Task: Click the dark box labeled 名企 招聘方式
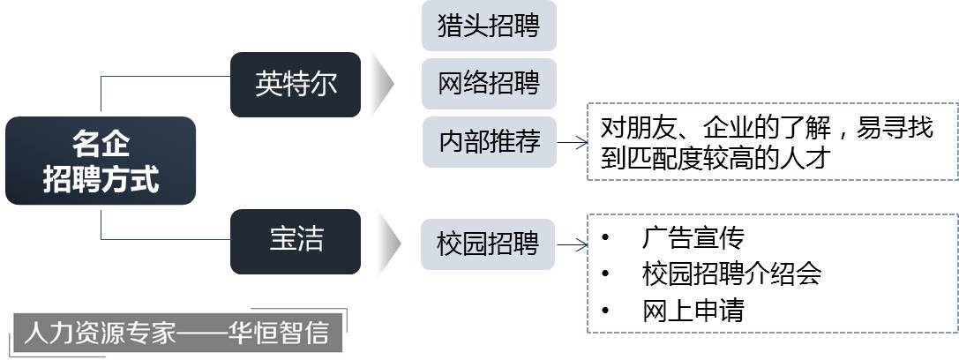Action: click(101, 161)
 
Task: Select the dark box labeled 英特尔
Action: click(296, 85)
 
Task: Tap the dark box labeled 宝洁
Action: click(296, 241)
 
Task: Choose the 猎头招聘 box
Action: click(489, 26)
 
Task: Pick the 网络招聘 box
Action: click(489, 84)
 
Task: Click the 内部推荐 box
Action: click(489, 142)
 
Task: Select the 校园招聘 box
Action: click(487, 243)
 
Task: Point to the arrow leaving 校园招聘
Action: click(572, 244)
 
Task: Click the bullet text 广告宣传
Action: click(693, 237)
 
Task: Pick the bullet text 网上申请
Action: click(693, 311)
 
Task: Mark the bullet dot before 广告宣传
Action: click(605, 237)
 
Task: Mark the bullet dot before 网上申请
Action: click(605, 311)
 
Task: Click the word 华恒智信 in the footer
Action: click(282, 333)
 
